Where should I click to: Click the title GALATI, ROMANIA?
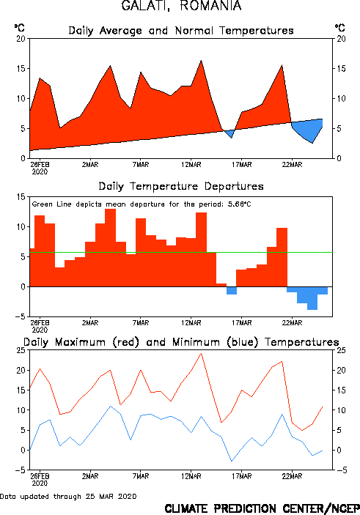pyautogui.click(x=181, y=6)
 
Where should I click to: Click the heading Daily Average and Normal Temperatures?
pyautogui.click(x=181, y=31)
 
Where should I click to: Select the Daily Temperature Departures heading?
pyautogui.click(x=181, y=186)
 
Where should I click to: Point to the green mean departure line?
pyautogui.click(x=181, y=252)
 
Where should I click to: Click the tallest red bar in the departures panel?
pyautogui.click(x=110, y=248)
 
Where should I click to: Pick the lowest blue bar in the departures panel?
pyautogui.click(x=312, y=298)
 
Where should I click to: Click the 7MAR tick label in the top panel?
pyautogui.click(x=141, y=165)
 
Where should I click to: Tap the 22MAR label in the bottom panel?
pyautogui.click(x=292, y=476)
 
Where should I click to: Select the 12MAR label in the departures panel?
pyautogui.click(x=191, y=323)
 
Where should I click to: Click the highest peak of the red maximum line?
pyautogui.click(x=201, y=353)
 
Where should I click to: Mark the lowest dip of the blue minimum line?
pyautogui.click(x=232, y=461)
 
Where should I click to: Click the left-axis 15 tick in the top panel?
pyautogui.click(x=21, y=69)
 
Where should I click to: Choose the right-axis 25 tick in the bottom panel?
pyautogui.click(x=341, y=350)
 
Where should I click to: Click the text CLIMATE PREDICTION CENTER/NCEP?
pyautogui.click(x=262, y=508)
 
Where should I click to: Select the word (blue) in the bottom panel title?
pyautogui.click(x=243, y=342)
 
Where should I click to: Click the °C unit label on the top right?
pyautogui.click(x=340, y=28)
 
